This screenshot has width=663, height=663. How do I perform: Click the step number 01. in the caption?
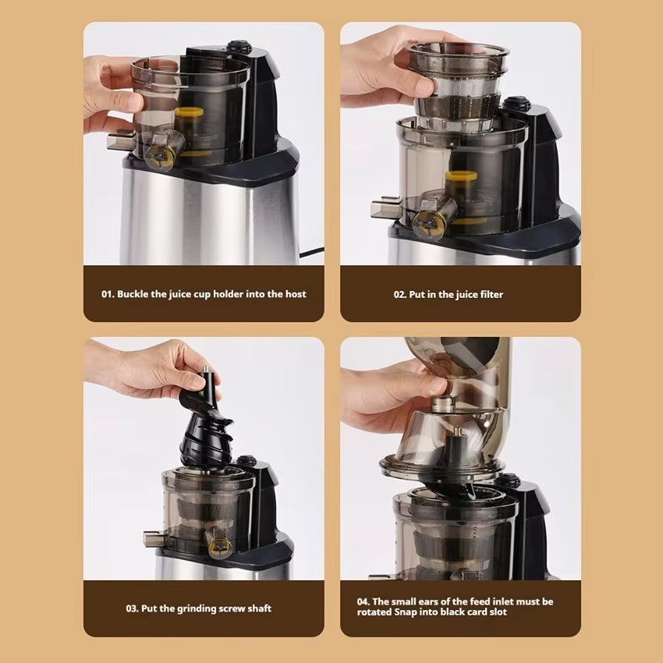click(x=108, y=294)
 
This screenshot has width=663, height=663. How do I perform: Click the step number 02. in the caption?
click(x=400, y=295)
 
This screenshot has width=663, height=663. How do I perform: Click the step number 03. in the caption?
click(x=133, y=609)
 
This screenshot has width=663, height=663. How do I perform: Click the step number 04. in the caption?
click(x=363, y=601)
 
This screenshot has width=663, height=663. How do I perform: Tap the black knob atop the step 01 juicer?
click(x=239, y=46)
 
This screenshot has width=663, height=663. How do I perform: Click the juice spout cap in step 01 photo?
click(x=159, y=157)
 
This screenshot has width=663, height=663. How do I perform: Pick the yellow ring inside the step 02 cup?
click(x=461, y=175)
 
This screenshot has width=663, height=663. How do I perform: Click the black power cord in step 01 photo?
click(x=311, y=253)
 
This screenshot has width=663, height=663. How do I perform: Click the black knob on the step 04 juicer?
click(x=507, y=480)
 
